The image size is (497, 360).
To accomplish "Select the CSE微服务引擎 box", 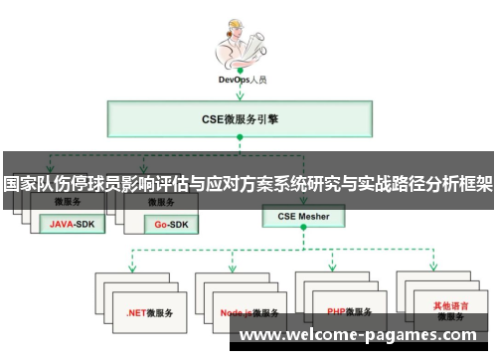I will tap(241, 120).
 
